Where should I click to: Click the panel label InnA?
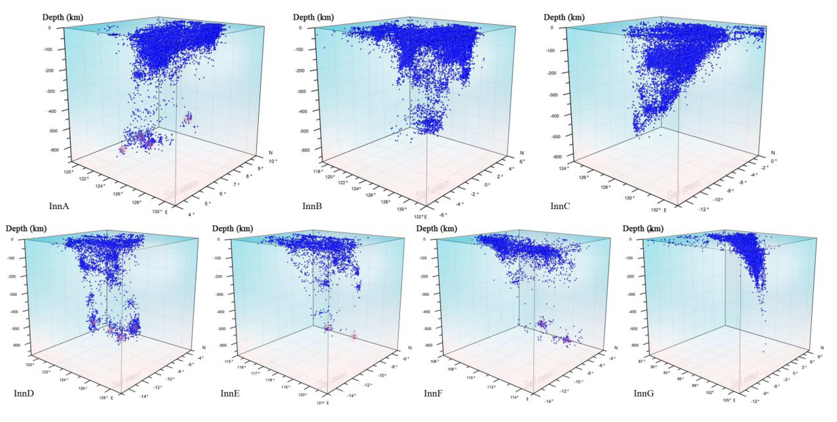pos(59,206)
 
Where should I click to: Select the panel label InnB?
pos(312,206)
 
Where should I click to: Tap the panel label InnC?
pos(560,206)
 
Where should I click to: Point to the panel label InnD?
pos(24,393)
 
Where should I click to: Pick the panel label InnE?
pos(230,393)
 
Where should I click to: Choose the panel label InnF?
pos(433,393)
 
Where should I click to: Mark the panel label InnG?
pos(644,393)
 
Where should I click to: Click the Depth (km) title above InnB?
pos(313,17)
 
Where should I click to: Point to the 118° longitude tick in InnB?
pos(318,171)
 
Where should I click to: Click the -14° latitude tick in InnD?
pos(144,396)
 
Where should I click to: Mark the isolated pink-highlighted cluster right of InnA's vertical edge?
pos(188,118)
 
